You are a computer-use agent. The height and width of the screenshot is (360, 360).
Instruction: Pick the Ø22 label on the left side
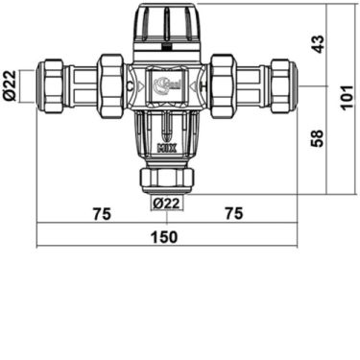click(9, 84)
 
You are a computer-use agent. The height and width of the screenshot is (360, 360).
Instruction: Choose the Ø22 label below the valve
click(167, 203)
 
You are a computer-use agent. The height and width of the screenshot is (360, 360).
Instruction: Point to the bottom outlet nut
click(167, 178)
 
